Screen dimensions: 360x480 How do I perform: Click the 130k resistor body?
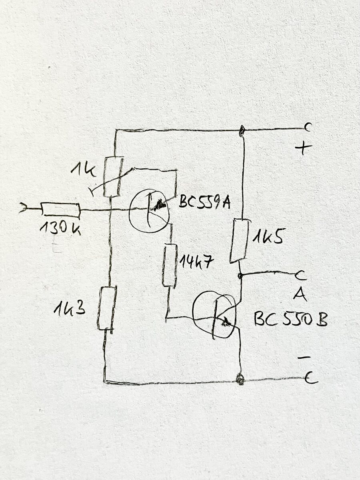click(60, 210)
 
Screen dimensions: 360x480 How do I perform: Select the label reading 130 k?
click(60, 228)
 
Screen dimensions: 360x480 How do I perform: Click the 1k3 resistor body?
click(107, 308)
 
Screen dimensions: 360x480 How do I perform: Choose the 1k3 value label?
click(69, 308)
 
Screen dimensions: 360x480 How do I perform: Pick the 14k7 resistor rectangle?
click(170, 265)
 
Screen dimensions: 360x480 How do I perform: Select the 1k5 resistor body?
click(239, 240)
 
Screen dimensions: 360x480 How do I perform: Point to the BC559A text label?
click(204, 203)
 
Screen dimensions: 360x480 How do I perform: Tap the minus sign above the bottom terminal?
click(304, 358)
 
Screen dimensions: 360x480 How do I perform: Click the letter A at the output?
click(300, 294)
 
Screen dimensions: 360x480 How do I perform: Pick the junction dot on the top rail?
click(241, 130)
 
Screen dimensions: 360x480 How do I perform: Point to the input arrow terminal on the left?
click(23, 208)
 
